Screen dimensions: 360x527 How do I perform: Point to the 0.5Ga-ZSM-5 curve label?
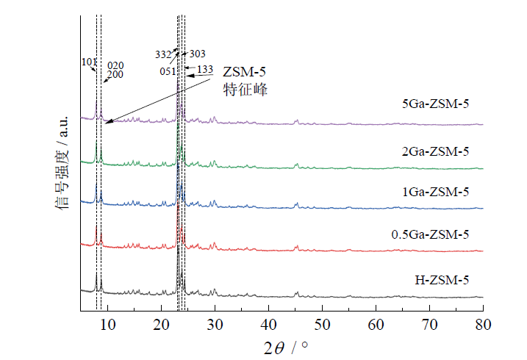coord(430,234)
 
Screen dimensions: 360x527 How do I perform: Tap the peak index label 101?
coord(90,62)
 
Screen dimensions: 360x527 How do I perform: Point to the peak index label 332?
coord(163,54)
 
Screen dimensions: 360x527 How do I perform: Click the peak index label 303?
coord(197,54)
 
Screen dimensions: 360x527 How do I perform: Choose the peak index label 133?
coord(205,70)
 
